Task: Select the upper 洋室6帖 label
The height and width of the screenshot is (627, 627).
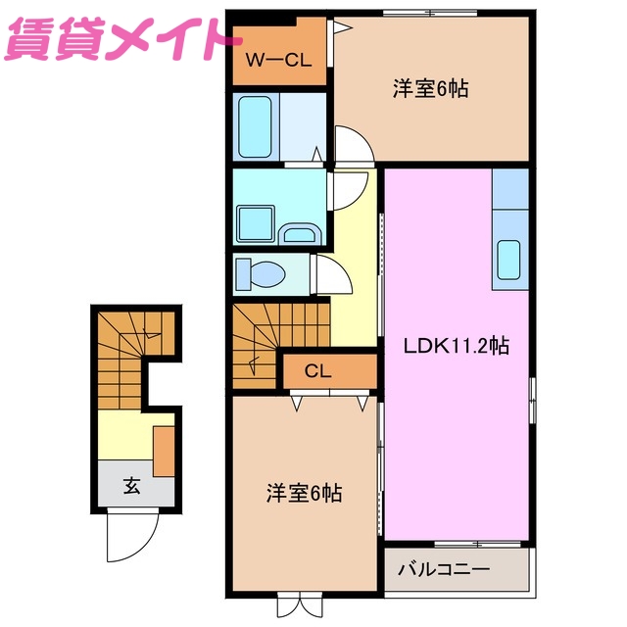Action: pos(430,89)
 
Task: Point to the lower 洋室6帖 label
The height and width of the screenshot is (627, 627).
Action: pos(305,493)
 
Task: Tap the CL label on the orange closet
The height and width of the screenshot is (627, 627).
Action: pos(316,370)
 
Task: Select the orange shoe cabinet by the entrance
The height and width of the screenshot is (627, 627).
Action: pos(164,450)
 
